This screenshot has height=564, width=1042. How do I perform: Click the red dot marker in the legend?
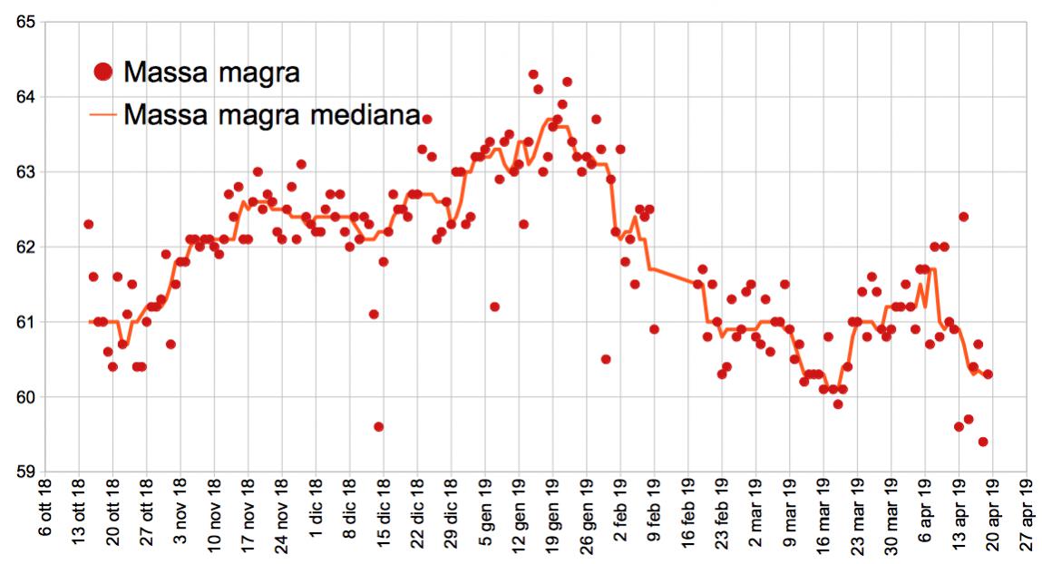click(104, 71)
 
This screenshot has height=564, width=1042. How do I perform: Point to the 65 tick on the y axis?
click(25, 22)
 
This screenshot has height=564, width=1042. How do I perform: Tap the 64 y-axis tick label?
click(25, 97)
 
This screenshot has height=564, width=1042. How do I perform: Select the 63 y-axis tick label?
click(25, 172)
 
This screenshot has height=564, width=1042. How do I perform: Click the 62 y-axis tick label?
click(25, 248)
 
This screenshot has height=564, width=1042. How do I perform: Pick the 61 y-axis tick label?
click(25, 323)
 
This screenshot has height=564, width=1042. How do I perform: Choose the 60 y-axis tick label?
click(25, 397)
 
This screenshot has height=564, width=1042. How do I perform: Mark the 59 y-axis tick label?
click(25, 472)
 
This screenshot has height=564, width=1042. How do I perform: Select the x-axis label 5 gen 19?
click(486, 514)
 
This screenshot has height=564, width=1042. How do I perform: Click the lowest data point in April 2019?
click(983, 442)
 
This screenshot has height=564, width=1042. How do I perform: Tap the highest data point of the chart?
click(533, 74)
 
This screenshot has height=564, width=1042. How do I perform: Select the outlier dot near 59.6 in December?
click(378, 427)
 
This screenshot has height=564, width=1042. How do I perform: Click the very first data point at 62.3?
click(88, 224)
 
